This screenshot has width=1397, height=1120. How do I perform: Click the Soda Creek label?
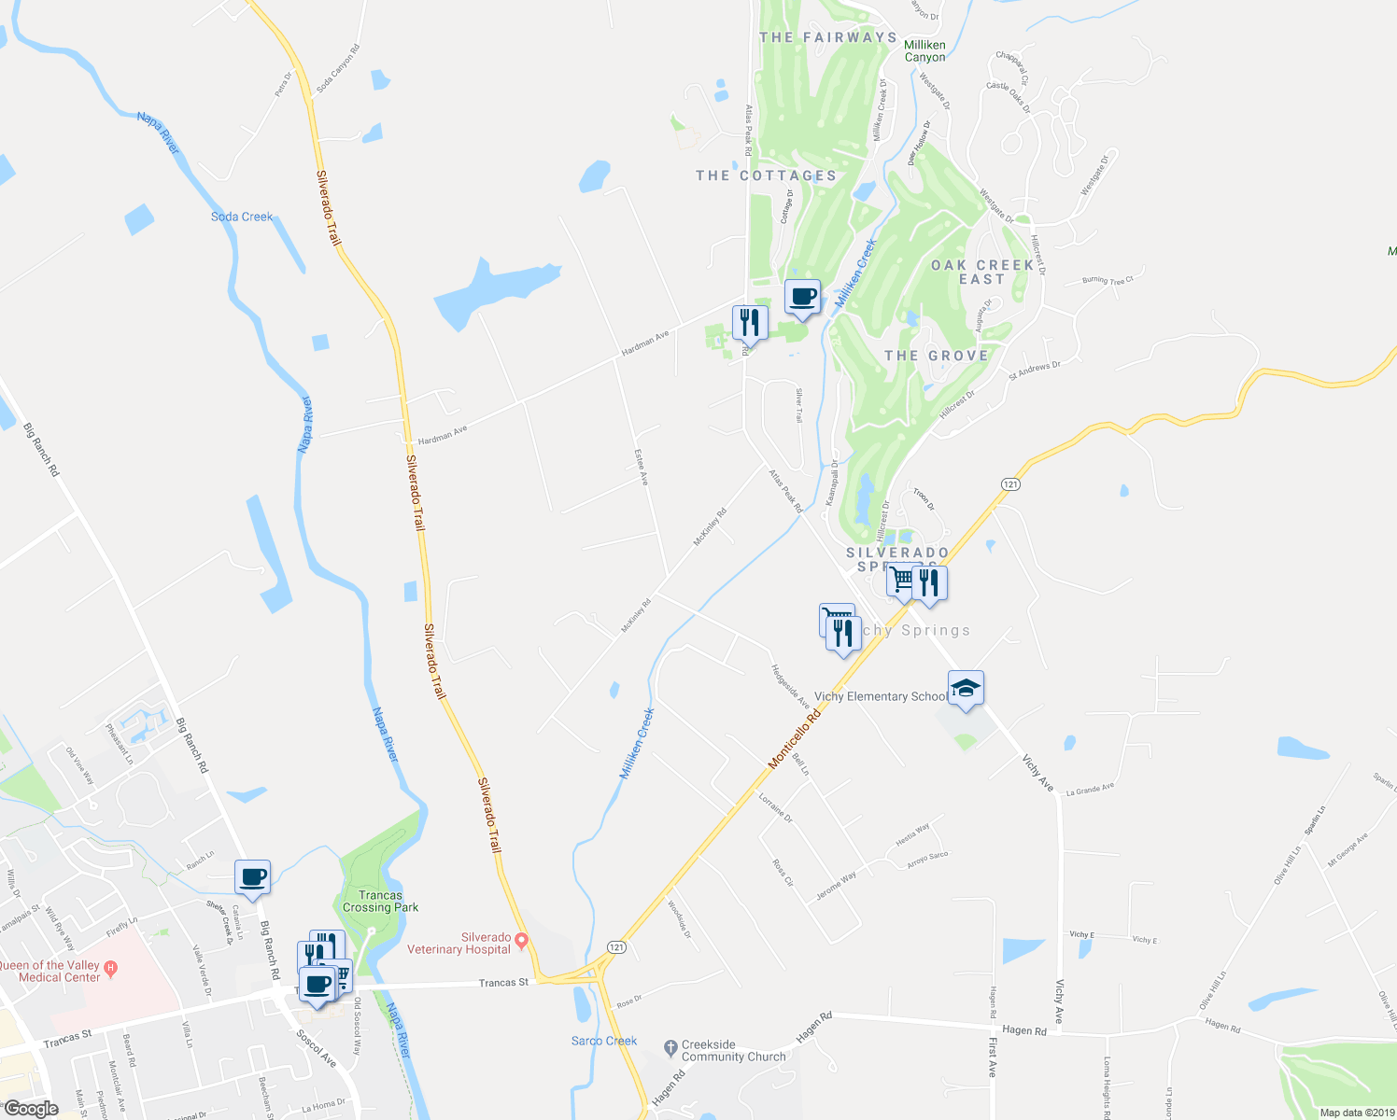(242, 217)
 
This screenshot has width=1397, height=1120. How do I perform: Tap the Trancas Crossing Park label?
(380, 901)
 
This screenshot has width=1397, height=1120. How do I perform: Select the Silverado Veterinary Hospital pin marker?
(522, 939)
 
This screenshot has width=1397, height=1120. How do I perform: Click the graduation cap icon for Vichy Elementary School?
(966, 689)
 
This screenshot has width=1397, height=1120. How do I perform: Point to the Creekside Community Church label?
(721, 1051)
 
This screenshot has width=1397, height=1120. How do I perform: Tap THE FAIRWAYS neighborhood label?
(827, 37)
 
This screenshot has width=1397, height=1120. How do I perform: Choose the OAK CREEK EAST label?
(982, 272)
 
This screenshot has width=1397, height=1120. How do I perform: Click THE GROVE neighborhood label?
(936, 356)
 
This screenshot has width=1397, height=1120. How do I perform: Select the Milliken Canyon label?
(924, 50)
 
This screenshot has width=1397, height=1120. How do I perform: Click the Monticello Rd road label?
(794, 737)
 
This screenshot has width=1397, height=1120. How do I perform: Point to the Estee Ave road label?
(642, 467)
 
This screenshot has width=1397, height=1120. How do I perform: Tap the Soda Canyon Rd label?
(337, 68)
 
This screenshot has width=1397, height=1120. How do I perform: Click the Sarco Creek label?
(604, 1041)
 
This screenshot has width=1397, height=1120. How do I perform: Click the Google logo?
(31, 1109)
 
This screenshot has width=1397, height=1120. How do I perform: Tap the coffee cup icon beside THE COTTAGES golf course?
(802, 297)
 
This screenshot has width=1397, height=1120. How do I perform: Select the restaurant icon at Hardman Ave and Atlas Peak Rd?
(750, 323)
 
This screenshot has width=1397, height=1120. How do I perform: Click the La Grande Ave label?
(1090, 788)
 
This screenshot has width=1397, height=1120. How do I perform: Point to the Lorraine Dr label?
(775, 807)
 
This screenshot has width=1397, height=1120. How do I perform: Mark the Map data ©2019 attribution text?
(1356, 1113)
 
